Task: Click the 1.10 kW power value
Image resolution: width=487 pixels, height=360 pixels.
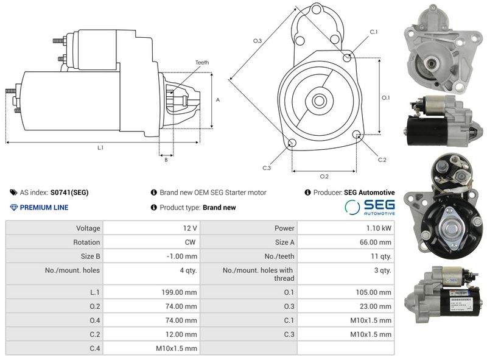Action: click(379, 228)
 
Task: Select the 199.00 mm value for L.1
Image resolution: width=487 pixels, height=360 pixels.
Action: click(179, 292)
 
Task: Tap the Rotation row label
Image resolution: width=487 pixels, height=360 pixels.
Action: click(86, 242)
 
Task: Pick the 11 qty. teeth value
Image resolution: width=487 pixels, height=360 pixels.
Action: click(381, 256)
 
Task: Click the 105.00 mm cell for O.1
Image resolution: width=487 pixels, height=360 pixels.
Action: click(373, 292)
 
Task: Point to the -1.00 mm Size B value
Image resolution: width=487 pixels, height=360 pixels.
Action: click(181, 256)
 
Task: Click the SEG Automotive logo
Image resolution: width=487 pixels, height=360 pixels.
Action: click(370, 207)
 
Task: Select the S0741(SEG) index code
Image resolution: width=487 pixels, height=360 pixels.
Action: click(69, 192)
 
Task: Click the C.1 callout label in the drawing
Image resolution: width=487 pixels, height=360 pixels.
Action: click(373, 32)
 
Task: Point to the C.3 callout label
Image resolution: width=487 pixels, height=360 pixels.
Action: click(267, 168)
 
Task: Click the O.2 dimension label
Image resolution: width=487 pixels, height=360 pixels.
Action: click(324, 177)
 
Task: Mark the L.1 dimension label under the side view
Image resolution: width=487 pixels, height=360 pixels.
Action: click(100, 148)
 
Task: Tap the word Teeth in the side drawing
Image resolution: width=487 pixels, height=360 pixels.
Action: click(202, 63)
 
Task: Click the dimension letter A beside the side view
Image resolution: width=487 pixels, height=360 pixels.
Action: click(218, 100)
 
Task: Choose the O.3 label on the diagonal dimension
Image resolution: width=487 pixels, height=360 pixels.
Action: click(258, 41)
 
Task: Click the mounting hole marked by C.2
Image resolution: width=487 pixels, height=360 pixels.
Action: click(357, 135)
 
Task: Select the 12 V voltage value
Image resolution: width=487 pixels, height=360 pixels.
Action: click(190, 228)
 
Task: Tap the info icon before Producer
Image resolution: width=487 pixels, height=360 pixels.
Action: click(307, 192)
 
